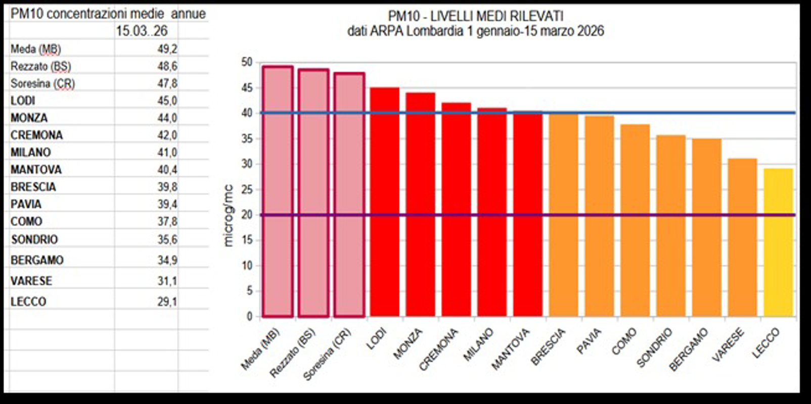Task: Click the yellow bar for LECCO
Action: click(778, 242)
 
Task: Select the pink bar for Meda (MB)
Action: click(278, 192)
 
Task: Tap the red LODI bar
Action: click(384, 202)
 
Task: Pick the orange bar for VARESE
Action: click(742, 237)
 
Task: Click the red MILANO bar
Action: click(492, 212)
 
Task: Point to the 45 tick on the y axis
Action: click(247, 88)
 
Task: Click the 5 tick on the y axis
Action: click(249, 291)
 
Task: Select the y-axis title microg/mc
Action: click(228, 216)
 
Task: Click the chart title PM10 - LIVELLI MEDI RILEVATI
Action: click(475, 16)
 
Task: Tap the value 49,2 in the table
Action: click(167, 49)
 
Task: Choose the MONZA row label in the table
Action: click(29, 118)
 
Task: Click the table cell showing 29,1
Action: click(167, 301)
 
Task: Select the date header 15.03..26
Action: click(142, 31)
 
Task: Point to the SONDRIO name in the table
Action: click(34, 239)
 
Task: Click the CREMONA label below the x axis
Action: click(438, 349)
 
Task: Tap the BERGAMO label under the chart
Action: click(688, 349)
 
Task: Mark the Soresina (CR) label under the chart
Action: click(327, 355)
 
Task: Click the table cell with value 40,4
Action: click(167, 170)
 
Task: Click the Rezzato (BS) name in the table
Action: click(40, 66)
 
